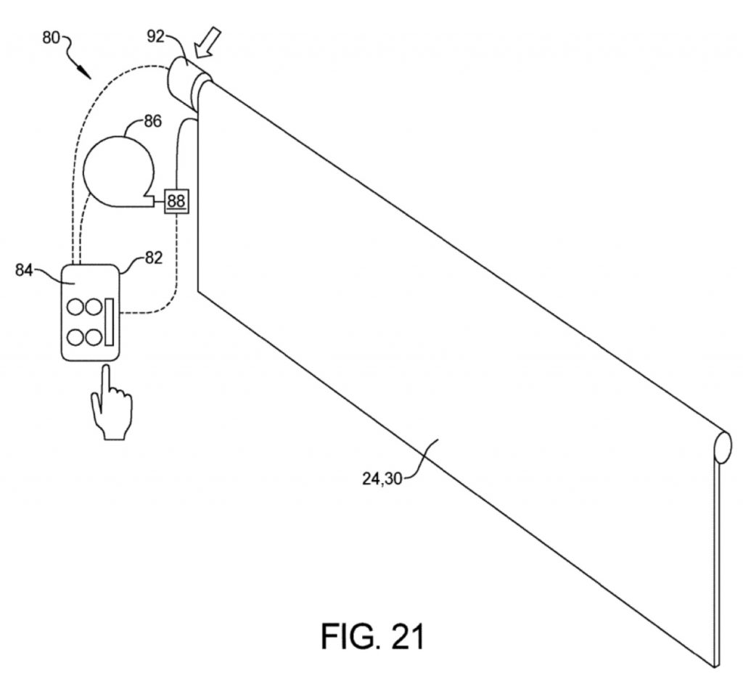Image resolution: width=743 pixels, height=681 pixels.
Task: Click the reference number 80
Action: (x=52, y=38)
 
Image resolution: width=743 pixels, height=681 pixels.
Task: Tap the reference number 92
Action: (x=155, y=36)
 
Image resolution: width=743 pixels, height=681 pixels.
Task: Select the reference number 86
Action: (x=152, y=122)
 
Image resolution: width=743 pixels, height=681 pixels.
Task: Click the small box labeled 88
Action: (x=176, y=201)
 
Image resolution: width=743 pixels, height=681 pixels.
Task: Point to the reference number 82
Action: (x=154, y=257)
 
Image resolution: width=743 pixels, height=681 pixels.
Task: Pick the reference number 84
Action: (x=24, y=270)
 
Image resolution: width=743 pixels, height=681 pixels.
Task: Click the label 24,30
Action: (x=382, y=479)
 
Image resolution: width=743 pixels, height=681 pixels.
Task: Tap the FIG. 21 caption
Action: (x=372, y=637)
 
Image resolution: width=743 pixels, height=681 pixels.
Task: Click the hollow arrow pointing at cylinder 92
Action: (x=208, y=42)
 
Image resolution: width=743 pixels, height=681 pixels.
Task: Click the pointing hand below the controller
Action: (x=112, y=403)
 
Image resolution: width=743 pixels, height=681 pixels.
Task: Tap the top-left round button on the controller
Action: (x=75, y=307)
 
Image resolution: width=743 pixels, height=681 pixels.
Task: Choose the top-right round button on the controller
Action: (x=94, y=307)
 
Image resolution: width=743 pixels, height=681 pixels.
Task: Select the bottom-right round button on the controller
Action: (x=94, y=338)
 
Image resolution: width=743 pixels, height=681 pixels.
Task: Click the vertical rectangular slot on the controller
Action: (x=110, y=322)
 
